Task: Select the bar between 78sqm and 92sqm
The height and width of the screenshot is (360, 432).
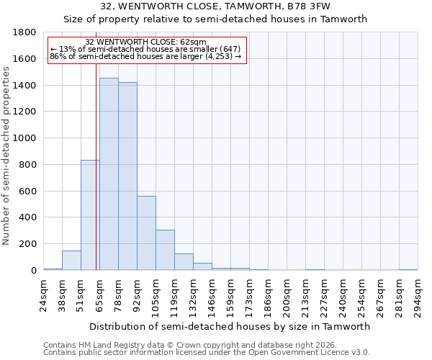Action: [x=127, y=176]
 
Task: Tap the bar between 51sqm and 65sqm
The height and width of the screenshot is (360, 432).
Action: [x=90, y=215]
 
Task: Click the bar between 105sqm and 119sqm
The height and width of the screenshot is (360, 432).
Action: [x=165, y=250]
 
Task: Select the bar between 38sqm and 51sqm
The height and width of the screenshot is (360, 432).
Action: [x=71, y=261]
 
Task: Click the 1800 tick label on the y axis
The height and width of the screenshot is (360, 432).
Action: [x=25, y=32]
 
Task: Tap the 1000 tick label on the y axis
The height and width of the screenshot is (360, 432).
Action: [x=25, y=138]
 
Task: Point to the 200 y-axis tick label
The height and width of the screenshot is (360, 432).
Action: [x=28, y=244]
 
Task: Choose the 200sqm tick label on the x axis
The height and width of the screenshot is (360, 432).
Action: [x=287, y=295]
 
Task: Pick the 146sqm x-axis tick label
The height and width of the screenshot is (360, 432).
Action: [x=212, y=295]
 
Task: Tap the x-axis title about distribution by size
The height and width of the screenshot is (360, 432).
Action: [x=230, y=326]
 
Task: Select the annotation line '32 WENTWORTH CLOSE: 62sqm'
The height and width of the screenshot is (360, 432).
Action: [x=145, y=42]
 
